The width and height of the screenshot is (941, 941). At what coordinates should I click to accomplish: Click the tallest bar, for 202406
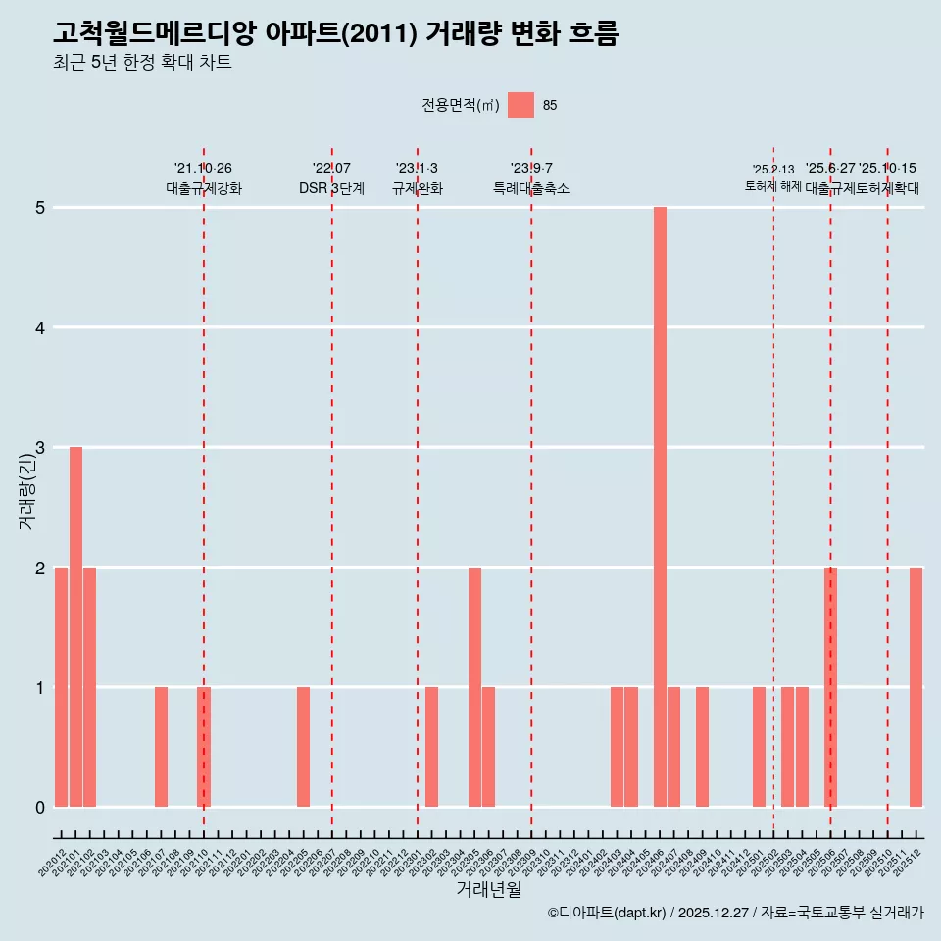(660, 507)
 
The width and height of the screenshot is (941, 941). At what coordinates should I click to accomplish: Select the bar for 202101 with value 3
(75, 627)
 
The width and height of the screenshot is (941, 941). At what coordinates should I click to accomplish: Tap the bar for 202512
(916, 687)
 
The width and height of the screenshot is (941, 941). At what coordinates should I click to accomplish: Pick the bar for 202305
(474, 687)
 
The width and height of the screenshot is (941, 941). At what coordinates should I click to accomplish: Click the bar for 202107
(161, 747)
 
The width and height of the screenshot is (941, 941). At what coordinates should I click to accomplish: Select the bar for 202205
(303, 747)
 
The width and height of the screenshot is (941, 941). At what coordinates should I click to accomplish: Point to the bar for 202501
(759, 747)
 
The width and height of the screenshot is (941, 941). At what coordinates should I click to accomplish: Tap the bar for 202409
(702, 747)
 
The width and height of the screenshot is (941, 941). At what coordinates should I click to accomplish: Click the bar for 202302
(431, 747)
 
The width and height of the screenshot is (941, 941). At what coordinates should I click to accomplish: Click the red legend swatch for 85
(520, 105)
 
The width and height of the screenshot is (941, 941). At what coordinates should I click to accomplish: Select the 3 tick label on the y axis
(40, 448)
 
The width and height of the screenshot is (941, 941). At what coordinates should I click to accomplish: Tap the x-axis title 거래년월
(488, 889)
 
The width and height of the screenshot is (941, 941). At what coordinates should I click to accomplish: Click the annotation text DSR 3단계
(331, 188)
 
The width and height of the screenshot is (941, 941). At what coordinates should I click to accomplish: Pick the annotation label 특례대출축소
(530, 188)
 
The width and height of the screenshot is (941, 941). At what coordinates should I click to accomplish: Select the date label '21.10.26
(203, 169)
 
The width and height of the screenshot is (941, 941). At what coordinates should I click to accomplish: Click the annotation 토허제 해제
(772, 186)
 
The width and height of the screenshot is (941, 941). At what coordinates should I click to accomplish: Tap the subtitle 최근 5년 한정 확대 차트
(142, 63)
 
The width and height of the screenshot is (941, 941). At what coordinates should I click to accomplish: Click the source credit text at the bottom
(735, 914)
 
